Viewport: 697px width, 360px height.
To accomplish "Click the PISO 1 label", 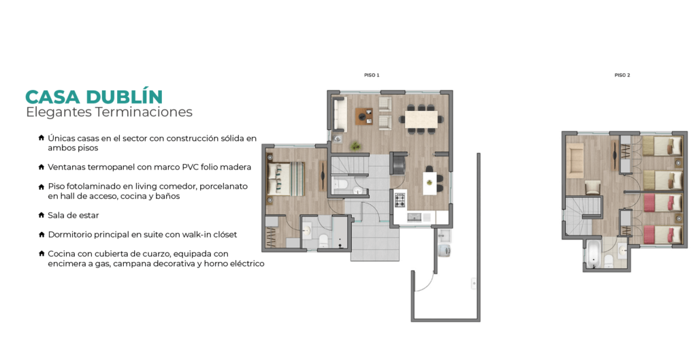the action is click(x=372, y=76).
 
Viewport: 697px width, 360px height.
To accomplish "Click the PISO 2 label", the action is click(x=622, y=76).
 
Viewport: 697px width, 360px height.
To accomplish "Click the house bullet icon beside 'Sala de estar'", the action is click(x=42, y=215).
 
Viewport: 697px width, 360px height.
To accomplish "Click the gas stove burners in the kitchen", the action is click(x=400, y=200).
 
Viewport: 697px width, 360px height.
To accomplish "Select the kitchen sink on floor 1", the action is click(x=415, y=217).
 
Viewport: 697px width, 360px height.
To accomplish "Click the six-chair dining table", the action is click(x=423, y=118).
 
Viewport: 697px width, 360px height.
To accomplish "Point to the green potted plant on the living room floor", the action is click(x=355, y=146).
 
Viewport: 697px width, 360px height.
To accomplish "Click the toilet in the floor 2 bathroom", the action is click(x=609, y=261).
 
